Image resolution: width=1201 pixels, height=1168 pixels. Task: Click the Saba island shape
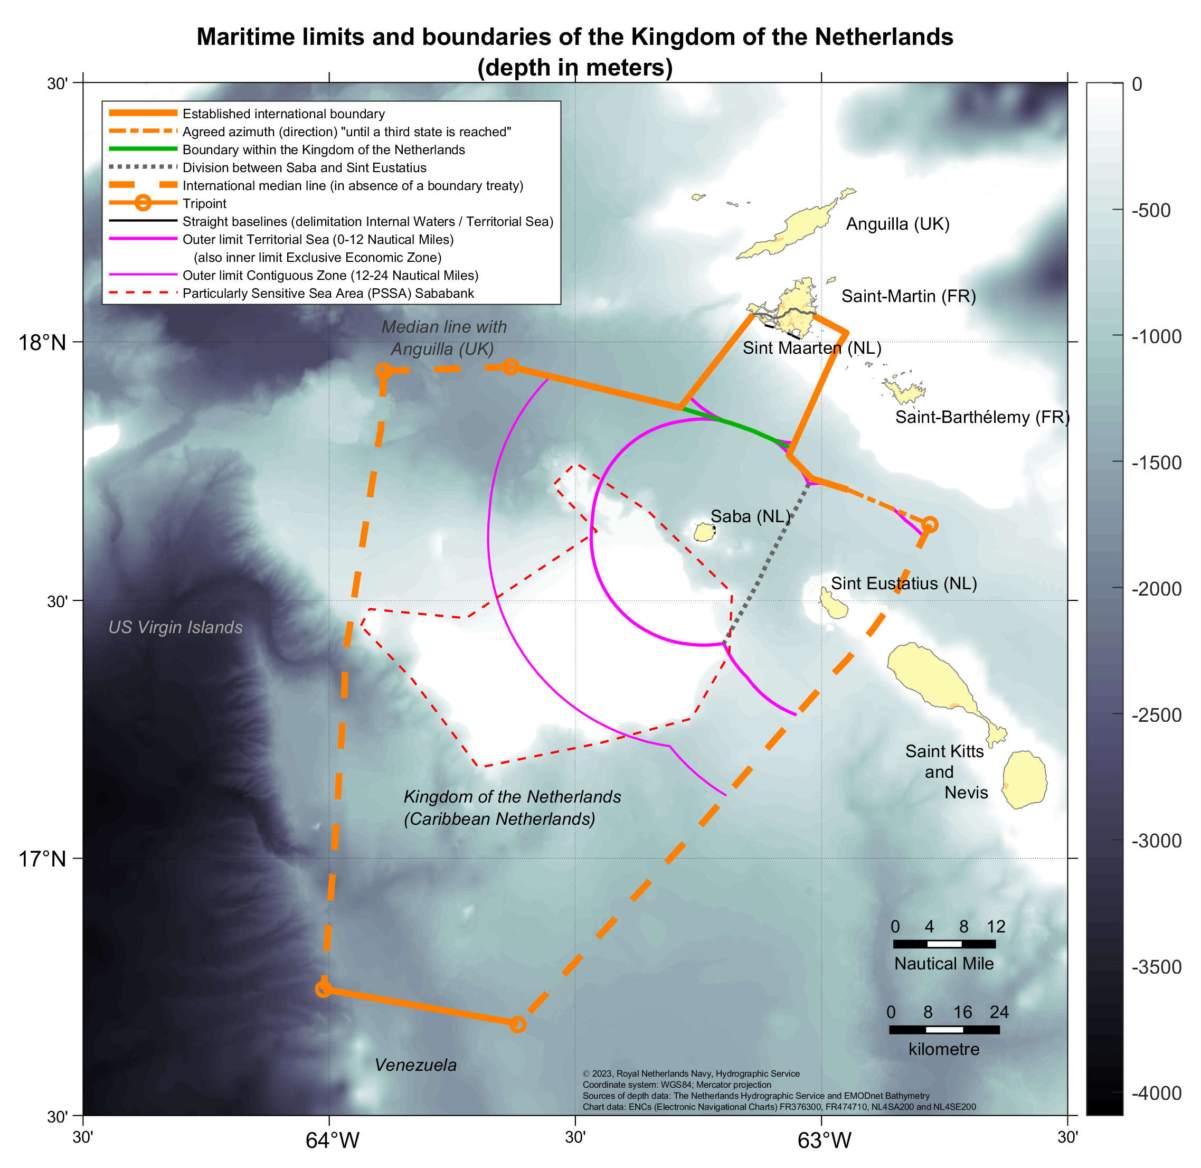(705, 532)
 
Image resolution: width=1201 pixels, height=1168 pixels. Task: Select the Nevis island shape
(1024, 779)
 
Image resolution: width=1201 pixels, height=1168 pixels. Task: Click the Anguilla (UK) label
(897, 224)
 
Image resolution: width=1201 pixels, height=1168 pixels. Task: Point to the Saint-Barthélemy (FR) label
(982, 417)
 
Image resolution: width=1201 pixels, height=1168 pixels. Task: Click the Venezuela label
(416, 1065)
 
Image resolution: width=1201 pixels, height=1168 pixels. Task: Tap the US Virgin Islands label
(175, 627)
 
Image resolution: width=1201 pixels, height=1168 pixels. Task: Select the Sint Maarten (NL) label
(811, 348)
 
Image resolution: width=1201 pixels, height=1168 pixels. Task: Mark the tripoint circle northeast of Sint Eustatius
(930, 524)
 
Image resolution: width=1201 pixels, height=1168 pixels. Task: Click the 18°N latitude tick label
(42, 342)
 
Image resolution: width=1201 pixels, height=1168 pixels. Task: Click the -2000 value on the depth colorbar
(1156, 589)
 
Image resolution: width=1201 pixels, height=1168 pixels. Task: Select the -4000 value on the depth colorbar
(1156, 1092)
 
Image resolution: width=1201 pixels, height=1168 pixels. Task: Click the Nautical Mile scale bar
(944, 944)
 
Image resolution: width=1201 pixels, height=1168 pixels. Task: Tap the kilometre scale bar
(944, 1029)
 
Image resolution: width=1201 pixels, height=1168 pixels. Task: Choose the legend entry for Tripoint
(204, 204)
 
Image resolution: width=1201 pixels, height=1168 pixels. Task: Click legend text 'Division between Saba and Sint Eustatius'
(304, 167)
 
